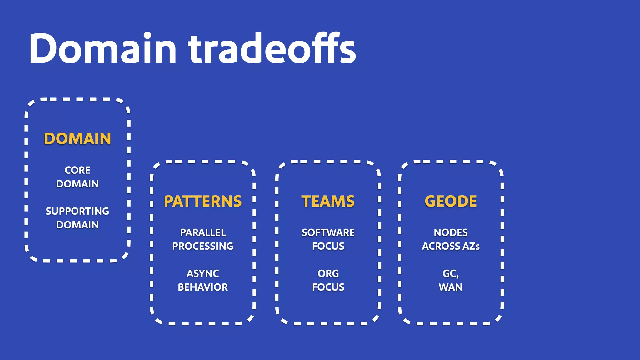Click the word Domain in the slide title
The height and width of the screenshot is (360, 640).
pos(103,48)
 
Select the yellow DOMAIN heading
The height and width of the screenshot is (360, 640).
pos(77,139)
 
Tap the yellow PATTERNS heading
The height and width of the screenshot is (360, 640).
pos(203,201)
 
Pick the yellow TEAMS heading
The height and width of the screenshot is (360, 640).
pos(328,201)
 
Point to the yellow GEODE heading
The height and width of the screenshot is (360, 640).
pos(451,201)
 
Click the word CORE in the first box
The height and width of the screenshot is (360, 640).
pos(77,170)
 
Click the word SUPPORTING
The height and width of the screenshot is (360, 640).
pos(77,211)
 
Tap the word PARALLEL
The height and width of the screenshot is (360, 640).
pos(203,233)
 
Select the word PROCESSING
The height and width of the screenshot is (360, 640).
pos(203,246)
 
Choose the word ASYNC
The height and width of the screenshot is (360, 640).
pos(203,274)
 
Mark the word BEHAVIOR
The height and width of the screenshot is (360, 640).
pos(203,287)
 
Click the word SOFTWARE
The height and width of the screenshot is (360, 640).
pos(328,233)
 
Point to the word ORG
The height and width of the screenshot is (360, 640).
pos(328,274)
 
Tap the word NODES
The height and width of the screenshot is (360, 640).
pos(451,233)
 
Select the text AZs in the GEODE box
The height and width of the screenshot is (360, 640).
pos(471,246)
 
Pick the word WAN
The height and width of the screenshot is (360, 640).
pos(451,287)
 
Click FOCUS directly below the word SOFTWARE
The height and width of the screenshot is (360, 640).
pos(328,246)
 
